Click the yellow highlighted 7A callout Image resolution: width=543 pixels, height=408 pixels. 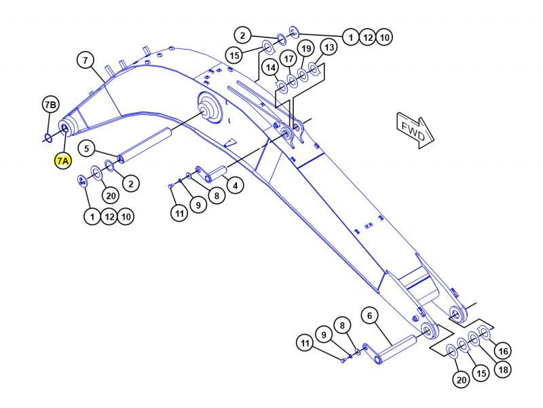pos(63,161)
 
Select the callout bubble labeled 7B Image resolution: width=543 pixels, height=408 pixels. pos(50,105)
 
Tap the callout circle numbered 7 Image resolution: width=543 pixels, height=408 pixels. pos(86,61)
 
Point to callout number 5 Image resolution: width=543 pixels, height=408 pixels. pos(87,148)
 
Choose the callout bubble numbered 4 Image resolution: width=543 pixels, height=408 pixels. pos(236,186)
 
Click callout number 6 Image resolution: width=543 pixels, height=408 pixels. pos(370,316)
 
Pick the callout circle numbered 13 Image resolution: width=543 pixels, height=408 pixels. pos(329,47)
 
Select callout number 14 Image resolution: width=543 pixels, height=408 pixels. pos(271,67)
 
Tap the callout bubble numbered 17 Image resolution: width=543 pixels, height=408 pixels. pos(288,59)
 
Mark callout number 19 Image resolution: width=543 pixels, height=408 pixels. pos(306,48)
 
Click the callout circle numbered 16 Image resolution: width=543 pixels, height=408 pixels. pos(503,352)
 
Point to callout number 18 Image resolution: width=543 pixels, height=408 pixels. pos(503,370)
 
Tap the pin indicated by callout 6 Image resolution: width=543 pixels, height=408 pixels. pos(396,349)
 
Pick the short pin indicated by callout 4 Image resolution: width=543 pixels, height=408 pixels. pos(217,173)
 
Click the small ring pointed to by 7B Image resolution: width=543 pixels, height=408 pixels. pos(48,138)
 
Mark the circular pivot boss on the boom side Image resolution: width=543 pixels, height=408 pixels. pos(210,107)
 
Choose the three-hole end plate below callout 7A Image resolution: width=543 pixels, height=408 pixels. pos(81,181)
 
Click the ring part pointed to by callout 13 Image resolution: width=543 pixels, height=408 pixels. pos(313,69)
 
